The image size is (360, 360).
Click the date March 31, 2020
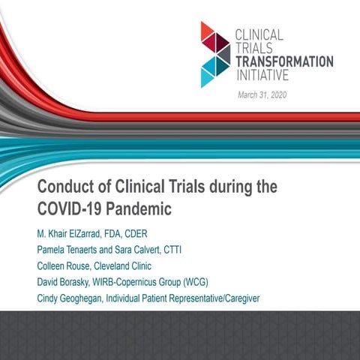tap(262, 94)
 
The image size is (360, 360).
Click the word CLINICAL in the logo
tap(259, 34)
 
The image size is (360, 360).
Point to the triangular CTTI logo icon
tap(215, 54)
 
